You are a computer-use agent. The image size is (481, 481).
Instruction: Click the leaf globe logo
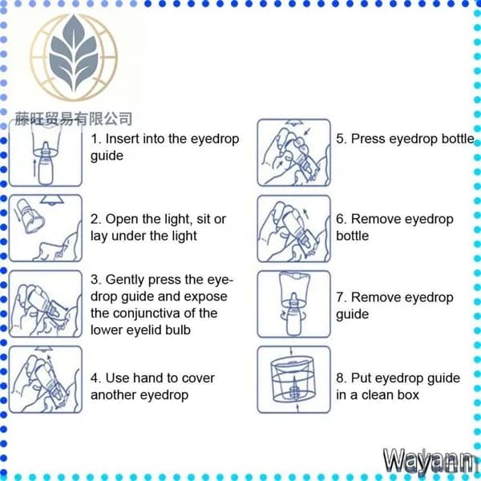[74, 58]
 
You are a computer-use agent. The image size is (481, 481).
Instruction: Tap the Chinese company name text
[74, 119]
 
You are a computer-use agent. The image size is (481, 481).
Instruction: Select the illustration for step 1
[46, 152]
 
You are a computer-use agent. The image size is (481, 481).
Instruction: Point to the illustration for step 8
[294, 379]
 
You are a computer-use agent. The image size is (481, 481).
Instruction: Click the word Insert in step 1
[123, 139]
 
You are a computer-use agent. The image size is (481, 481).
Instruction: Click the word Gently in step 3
[125, 280]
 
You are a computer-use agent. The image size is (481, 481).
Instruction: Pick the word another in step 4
[112, 394]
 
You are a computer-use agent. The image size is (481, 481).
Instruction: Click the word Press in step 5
[369, 139]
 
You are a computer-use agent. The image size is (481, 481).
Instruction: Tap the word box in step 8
[408, 394]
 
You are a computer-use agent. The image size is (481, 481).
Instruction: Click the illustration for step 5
[294, 152]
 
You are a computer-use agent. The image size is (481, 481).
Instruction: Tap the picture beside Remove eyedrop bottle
[294, 228]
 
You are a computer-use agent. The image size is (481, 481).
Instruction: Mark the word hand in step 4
[147, 378]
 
